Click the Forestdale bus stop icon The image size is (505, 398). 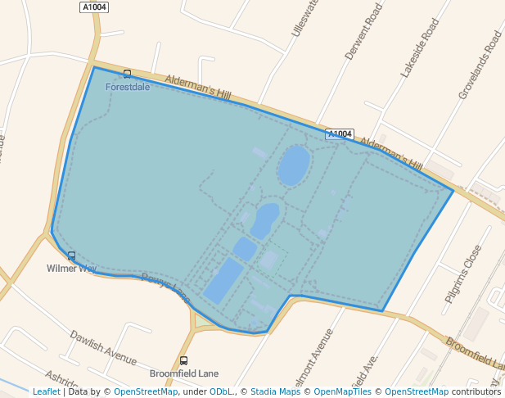[127, 75]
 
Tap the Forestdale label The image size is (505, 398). [127, 87]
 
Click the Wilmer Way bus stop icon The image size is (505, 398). [72, 256]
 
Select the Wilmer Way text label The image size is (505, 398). [71, 268]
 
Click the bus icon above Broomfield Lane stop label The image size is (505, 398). [183, 360]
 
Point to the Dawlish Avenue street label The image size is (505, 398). [103, 347]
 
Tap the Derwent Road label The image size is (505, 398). [363, 32]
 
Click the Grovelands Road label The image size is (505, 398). [480, 66]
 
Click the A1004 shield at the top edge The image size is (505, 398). [94, 7]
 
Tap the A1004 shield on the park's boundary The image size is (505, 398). [339, 133]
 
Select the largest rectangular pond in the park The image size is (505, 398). [223, 281]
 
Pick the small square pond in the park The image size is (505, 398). [245, 248]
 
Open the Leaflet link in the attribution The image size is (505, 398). [46, 391]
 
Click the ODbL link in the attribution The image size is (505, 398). [222, 391]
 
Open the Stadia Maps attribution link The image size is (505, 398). [275, 391]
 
